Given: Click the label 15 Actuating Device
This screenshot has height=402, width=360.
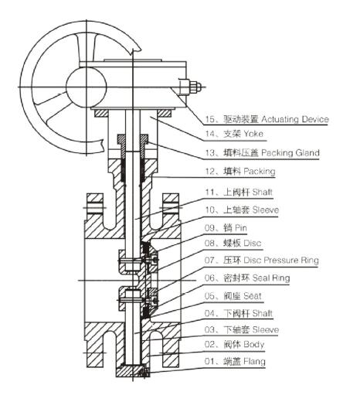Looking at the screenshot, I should (x=267, y=120).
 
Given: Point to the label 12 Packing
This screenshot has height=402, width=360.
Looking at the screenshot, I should (x=239, y=170).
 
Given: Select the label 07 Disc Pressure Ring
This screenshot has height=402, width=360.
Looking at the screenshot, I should (x=258, y=261).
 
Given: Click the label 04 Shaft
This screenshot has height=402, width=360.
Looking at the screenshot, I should (x=236, y=312).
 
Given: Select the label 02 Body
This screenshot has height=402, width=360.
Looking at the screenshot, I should (x=233, y=344).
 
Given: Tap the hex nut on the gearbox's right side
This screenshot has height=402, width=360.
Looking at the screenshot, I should (x=195, y=87).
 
